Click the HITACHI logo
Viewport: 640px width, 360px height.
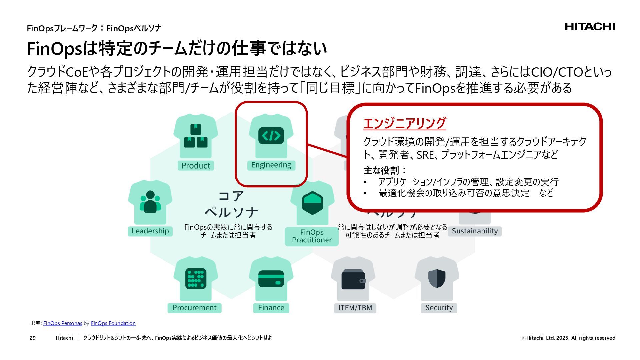tap(590, 27)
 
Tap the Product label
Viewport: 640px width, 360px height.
tap(195, 166)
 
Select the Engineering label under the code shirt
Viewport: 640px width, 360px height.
tap(271, 165)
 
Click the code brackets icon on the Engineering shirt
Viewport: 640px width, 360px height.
tap(271, 136)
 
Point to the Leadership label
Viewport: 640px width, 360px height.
tap(150, 231)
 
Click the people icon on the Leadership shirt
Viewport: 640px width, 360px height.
tap(150, 202)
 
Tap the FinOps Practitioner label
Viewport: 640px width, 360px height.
tap(312, 236)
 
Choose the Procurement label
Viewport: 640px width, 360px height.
tap(194, 308)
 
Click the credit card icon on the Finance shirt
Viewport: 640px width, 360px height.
tap(271, 279)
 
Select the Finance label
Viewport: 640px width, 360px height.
tap(271, 308)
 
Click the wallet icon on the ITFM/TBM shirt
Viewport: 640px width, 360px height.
tap(353, 279)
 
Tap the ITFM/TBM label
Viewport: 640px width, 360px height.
tap(355, 308)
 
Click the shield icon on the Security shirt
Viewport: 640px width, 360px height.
tap(437, 279)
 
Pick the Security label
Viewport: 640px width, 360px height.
tap(439, 308)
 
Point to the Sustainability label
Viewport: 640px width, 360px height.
tap(475, 231)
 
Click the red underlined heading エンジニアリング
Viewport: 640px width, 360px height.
tap(404, 123)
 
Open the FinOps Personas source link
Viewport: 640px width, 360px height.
tap(63, 323)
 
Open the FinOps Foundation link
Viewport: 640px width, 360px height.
tap(113, 323)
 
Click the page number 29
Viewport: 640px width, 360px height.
tap(33, 338)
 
